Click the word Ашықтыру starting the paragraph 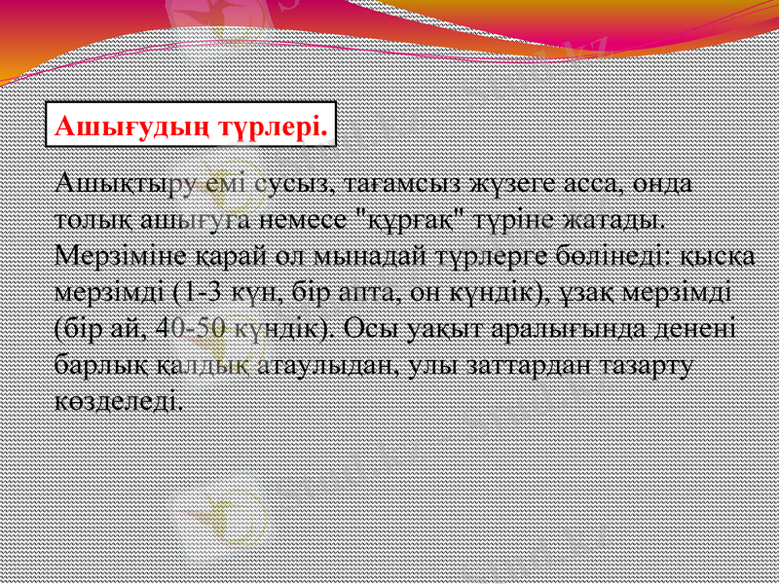point(118,182)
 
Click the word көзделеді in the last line point(117,398)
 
